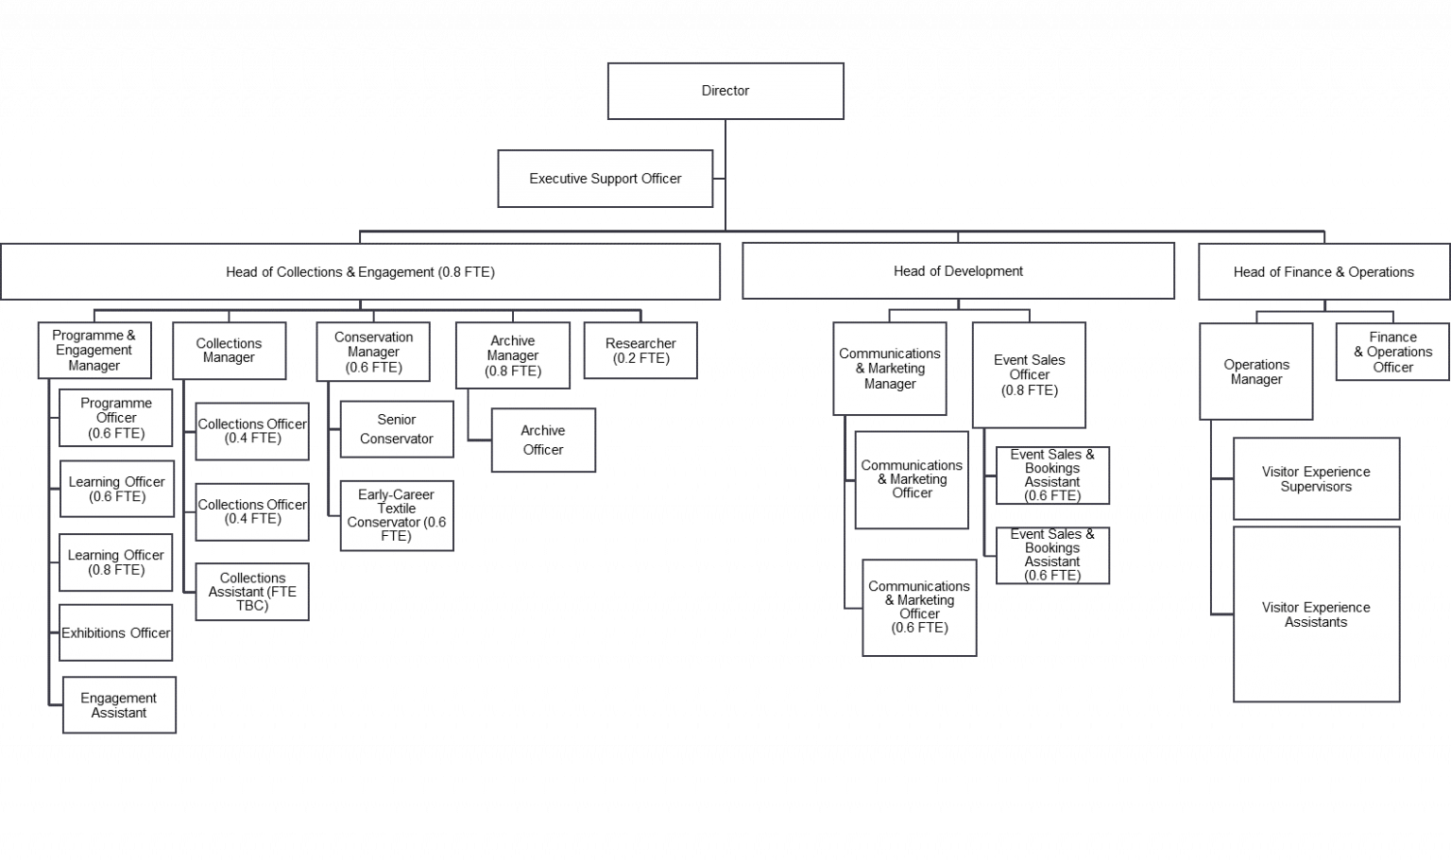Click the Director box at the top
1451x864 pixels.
(725, 91)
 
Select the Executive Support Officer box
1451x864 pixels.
(605, 179)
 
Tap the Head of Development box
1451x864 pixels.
(958, 271)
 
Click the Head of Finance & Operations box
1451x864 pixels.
(1323, 271)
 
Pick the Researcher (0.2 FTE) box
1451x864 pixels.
(640, 350)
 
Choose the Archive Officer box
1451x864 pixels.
(543, 441)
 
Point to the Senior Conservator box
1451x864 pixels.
(397, 429)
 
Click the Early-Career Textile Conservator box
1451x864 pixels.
(397, 515)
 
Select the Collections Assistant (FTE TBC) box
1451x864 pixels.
(252, 592)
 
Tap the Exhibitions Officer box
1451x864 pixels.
(116, 632)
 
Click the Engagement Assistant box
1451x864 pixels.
(119, 705)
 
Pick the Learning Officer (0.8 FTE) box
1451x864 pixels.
(116, 562)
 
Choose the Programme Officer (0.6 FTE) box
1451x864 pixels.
(116, 418)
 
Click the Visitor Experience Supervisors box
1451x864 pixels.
(1316, 479)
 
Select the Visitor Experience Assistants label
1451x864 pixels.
(1316, 614)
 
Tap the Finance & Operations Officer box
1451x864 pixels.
(1392, 352)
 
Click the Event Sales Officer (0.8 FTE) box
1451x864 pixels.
(1030, 374)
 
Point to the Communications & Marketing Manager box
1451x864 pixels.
(889, 368)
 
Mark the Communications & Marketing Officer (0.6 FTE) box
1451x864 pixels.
(919, 607)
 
